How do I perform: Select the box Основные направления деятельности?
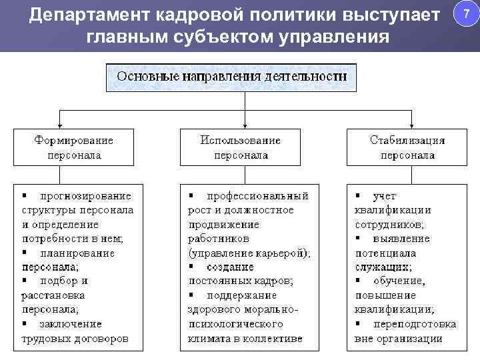pos(232,76)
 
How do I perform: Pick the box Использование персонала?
pos(241,147)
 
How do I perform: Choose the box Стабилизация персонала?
pos(407,147)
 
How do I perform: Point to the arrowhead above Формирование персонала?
pos(61,124)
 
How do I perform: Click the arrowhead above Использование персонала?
pos(245,124)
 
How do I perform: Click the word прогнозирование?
pos(85,196)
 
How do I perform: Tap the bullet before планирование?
pos(24,253)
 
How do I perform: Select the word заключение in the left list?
pos(71,324)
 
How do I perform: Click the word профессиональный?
pos(257,196)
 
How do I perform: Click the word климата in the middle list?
pos(209,339)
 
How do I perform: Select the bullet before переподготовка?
pos(358,324)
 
